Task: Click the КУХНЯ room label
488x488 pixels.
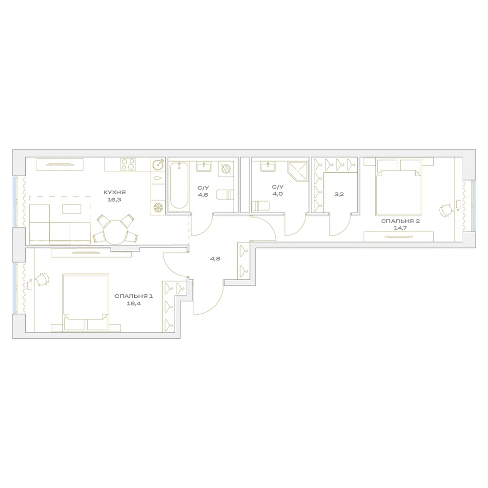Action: [115, 192]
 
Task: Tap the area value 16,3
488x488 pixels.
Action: [115, 200]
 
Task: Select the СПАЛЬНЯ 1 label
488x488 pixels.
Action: [134, 296]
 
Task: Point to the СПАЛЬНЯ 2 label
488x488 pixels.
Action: [400, 221]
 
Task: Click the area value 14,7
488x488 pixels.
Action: [400, 228]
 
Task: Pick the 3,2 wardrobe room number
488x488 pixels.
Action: [339, 194]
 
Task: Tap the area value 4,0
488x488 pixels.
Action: [278, 194]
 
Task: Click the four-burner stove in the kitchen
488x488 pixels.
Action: [128, 164]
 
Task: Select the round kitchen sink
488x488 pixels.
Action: [158, 164]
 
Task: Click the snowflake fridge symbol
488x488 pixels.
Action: [158, 207]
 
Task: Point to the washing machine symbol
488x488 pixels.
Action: [226, 169]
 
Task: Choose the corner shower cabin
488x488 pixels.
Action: [298, 172]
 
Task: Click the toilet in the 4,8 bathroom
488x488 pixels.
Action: [225, 195]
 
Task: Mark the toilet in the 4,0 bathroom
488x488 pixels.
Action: [260, 206]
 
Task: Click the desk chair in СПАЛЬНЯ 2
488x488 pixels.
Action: [446, 210]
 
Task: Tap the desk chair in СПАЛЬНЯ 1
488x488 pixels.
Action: [43, 279]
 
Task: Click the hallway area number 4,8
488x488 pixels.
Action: [215, 259]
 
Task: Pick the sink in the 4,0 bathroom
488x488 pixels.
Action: [268, 166]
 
